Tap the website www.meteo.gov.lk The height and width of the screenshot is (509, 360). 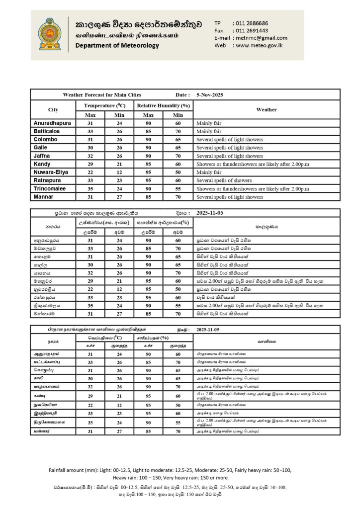(x=259, y=45)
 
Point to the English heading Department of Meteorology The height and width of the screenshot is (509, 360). (x=117, y=46)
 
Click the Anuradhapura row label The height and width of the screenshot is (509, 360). (x=52, y=123)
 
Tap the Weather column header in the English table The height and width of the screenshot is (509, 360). (x=266, y=109)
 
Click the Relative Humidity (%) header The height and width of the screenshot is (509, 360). (x=164, y=106)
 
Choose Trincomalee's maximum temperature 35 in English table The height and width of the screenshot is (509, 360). (x=90, y=188)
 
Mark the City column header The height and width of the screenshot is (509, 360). (x=53, y=109)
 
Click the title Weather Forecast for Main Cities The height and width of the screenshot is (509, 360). (x=102, y=94)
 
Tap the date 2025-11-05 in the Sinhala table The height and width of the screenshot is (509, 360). (x=211, y=213)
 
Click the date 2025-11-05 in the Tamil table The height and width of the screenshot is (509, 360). (x=211, y=329)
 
